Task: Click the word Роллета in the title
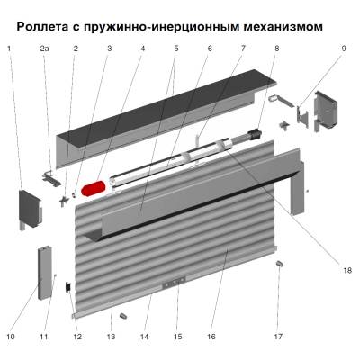pyautogui.click(x=47, y=26)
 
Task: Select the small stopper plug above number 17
pyautogui.click(x=279, y=265)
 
